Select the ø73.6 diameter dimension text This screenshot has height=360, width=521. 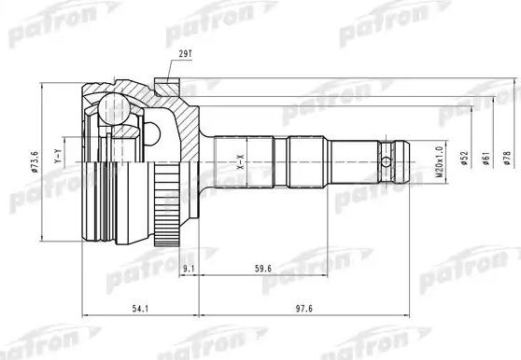[x=34, y=161]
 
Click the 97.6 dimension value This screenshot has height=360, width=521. [x=291, y=312]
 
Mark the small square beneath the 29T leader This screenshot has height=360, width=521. [x=166, y=90]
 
